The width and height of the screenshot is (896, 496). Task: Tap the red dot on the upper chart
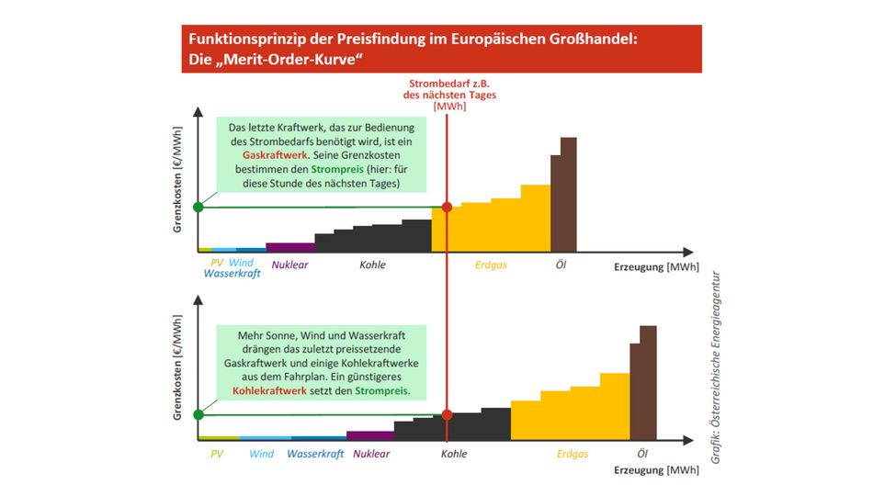(x=448, y=207)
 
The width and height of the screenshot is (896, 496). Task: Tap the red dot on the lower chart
(x=448, y=414)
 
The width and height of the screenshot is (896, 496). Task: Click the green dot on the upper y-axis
(x=198, y=207)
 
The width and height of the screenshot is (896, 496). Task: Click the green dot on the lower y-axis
(x=198, y=414)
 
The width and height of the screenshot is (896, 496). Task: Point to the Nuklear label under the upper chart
(x=289, y=265)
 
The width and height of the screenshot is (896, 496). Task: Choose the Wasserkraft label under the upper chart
(x=233, y=274)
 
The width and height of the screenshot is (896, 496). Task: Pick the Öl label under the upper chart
(x=561, y=265)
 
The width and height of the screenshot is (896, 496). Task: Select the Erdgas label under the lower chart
(x=573, y=454)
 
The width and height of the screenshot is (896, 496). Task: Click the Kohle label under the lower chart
(x=454, y=454)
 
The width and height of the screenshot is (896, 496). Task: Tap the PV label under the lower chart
(x=217, y=454)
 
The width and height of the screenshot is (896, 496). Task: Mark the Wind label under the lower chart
(x=262, y=454)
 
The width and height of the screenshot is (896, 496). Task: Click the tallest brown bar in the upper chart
(x=569, y=193)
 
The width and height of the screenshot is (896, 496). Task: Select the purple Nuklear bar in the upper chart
(x=289, y=246)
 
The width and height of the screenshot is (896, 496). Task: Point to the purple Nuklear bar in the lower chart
(x=369, y=435)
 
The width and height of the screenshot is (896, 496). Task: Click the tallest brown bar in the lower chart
(x=649, y=381)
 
